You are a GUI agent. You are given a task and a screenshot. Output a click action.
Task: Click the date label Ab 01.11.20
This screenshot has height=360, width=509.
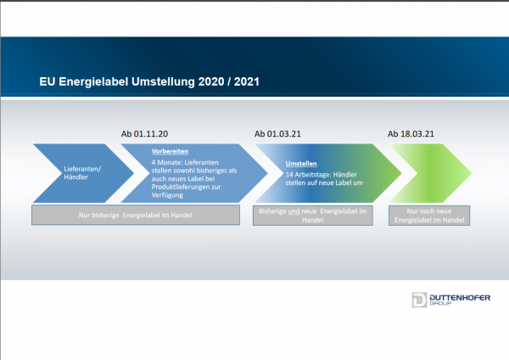coord(144,134)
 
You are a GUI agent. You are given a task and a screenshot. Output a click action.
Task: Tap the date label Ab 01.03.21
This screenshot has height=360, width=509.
coord(277,134)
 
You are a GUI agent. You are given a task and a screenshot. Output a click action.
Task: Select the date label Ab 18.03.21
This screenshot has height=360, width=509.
coord(411,134)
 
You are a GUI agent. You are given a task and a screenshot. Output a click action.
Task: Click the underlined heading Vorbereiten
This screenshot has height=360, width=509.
coord(170,151)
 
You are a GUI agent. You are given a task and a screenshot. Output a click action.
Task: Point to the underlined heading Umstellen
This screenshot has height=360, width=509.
coord(301,163)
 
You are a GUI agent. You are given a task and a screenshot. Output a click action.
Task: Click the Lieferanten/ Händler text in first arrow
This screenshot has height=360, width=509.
coord(82,173)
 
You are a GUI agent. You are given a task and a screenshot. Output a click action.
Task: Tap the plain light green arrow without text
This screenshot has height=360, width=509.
coord(430,173)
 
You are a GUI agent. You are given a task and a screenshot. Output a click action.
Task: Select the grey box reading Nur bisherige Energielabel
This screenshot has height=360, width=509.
coord(136,215)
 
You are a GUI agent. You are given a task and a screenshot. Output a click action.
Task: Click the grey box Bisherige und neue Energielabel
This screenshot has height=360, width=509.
coord(313,216)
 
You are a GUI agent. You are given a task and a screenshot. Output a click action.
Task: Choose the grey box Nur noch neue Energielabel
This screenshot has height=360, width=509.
coord(429,216)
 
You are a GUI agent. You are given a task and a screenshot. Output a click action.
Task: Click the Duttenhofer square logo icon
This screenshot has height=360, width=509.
coord(419,300)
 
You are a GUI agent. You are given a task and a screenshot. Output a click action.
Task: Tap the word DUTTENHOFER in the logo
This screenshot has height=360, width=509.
coord(460,298)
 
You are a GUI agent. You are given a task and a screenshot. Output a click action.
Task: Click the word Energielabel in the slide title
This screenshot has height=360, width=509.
coord(93,82)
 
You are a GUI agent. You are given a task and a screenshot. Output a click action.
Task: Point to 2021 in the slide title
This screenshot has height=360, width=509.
coord(247,82)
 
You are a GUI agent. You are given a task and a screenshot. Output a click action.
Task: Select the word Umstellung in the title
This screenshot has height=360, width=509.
coord(163,82)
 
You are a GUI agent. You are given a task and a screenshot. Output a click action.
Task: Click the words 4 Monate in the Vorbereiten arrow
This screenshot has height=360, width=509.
coord(166,162)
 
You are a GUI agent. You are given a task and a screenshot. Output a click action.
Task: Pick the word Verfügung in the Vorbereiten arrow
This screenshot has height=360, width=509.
coord(167,195)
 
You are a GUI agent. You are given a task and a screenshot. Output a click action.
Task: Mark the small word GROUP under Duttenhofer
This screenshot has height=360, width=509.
coord(440,303)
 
